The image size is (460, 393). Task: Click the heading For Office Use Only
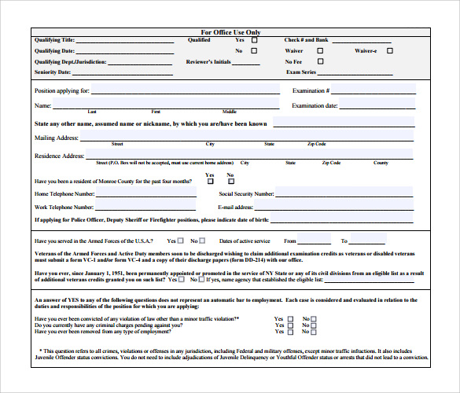[230, 32]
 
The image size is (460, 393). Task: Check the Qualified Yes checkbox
[255, 39]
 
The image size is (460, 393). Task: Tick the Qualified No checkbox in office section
[255, 50]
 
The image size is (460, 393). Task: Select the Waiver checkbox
[320, 50]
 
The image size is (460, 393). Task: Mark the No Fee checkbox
[320, 61]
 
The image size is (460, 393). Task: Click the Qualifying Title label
[54, 39]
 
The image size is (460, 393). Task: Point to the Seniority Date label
[53, 72]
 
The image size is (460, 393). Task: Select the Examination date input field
[377, 105]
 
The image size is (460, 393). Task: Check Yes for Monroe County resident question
[210, 182]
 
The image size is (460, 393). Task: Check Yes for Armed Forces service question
[182, 241]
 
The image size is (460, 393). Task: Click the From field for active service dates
[315, 241]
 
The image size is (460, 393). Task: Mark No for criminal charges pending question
[313, 326]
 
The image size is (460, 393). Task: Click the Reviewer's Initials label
[209, 61]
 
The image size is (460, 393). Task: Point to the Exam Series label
[302, 72]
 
